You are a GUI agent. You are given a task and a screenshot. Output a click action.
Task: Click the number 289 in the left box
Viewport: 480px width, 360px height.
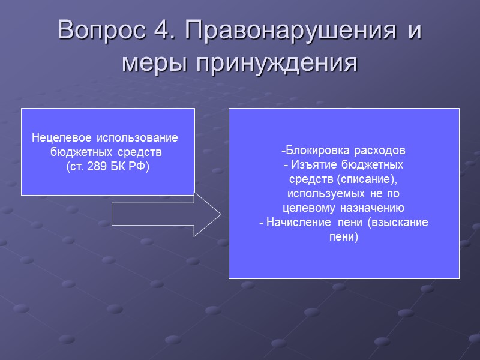click(x=98, y=166)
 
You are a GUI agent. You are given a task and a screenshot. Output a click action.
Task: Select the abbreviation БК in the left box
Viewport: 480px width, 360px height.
click(x=119, y=166)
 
